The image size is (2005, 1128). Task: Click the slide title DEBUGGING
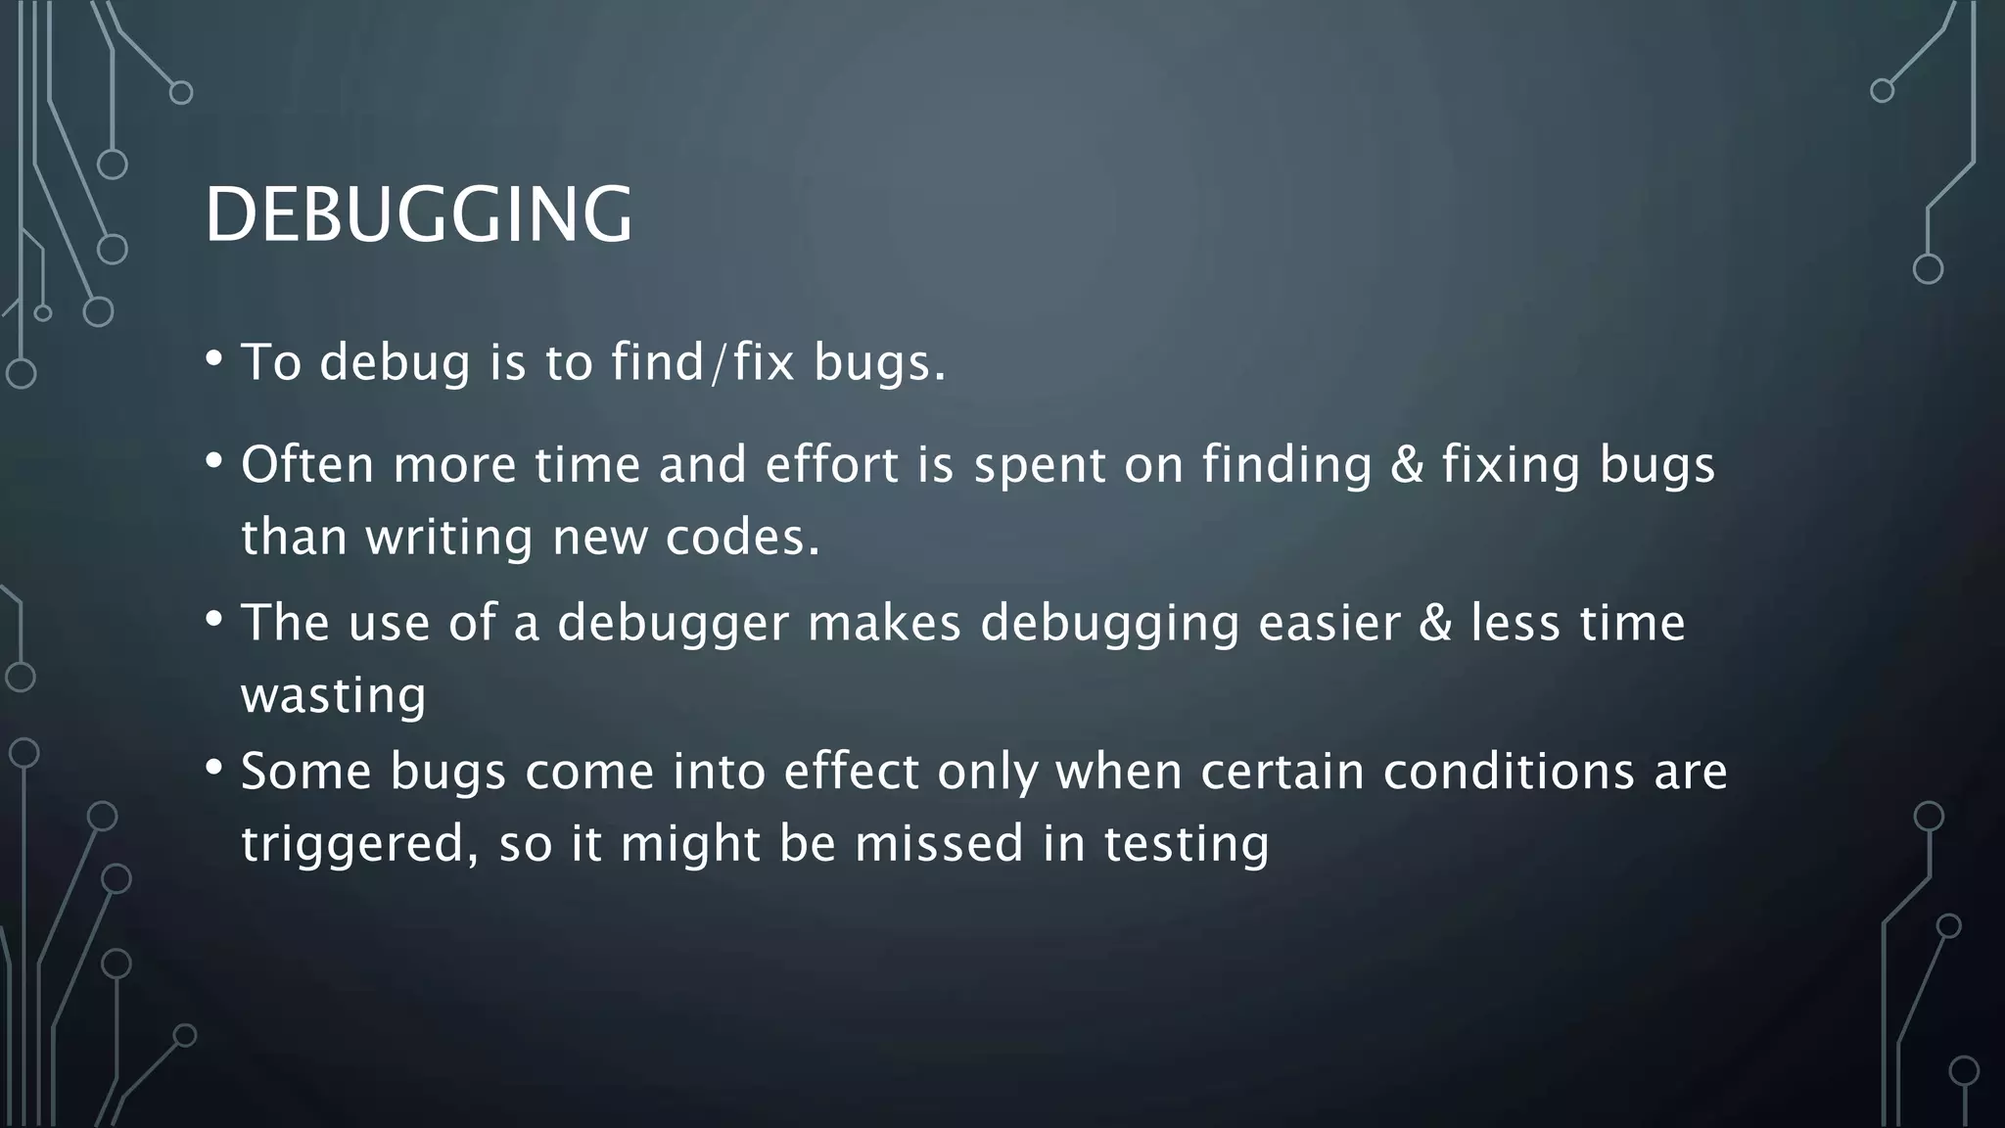pyautogui.click(x=418, y=214)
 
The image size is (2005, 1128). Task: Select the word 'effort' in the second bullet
pyautogui.click(x=831, y=464)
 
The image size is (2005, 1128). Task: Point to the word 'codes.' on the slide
pyautogui.click(x=742, y=538)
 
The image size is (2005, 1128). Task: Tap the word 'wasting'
pyautogui.click(x=334, y=696)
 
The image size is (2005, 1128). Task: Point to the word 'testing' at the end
pyautogui.click(x=1187, y=844)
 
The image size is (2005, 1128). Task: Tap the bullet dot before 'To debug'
pyautogui.click(x=214, y=358)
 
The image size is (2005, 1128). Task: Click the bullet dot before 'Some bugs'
pyautogui.click(x=214, y=768)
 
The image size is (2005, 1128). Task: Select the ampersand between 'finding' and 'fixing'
pyautogui.click(x=1407, y=464)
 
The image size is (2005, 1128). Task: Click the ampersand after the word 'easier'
pyautogui.click(x=1435, y=624)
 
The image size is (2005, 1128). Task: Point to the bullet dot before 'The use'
pyautogui.click(x=214, y=619)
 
